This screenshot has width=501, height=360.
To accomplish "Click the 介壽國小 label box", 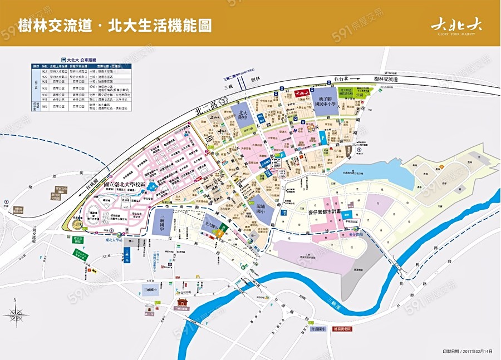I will click(318, 329).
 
